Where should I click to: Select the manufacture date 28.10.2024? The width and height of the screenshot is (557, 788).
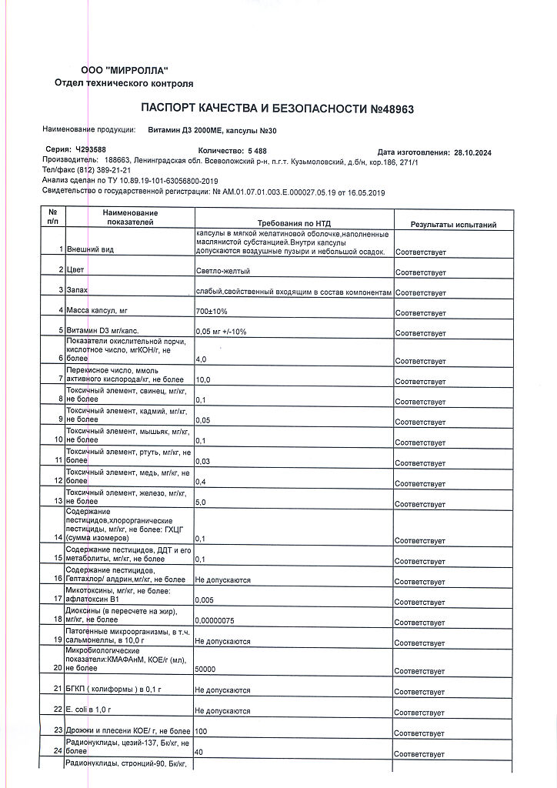click(472, 152)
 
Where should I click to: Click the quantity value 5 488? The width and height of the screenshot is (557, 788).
click(257, 151)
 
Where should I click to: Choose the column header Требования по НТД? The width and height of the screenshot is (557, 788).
click(295, 220)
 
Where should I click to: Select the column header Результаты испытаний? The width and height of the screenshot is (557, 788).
click(452, 225)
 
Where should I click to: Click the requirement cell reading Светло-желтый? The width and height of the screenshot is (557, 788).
click(223, 272)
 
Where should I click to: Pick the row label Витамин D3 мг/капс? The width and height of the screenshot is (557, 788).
click(102, 331)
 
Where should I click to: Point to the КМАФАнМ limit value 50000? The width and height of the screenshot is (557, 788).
click(205, 669)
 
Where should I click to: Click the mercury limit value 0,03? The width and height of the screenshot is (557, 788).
click(203, 461)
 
